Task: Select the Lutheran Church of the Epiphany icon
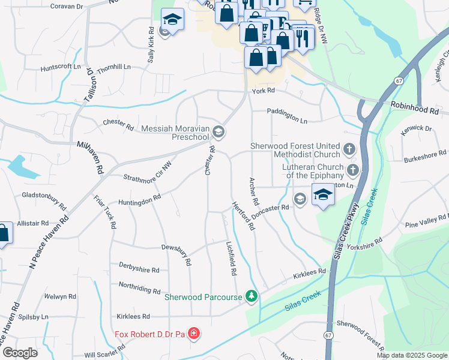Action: pyautogui.click(x=353, y=170)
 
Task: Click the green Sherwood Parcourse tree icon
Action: pyautogui.click(x=252, y=296)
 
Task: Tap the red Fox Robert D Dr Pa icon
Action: pyautogui.click(x=193, y=333)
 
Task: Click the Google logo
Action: pyautogui.click(x=20, y=353)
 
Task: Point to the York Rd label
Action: pyautogui.click(x=263, y=91)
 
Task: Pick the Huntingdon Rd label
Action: pyautogui.click(x=140, y=199)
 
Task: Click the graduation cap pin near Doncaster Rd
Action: pyautogui.click(x=323, y=195)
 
